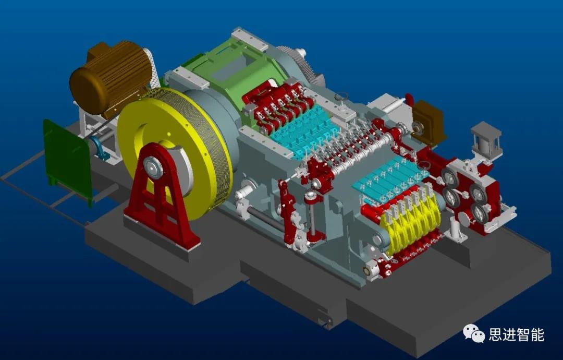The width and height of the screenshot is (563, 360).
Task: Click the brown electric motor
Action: [109, 77]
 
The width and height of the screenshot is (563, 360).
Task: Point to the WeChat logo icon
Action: [474, 333]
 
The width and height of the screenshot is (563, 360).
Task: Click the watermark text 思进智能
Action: [517, 335]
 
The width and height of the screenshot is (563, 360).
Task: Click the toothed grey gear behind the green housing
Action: [302, 65]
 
